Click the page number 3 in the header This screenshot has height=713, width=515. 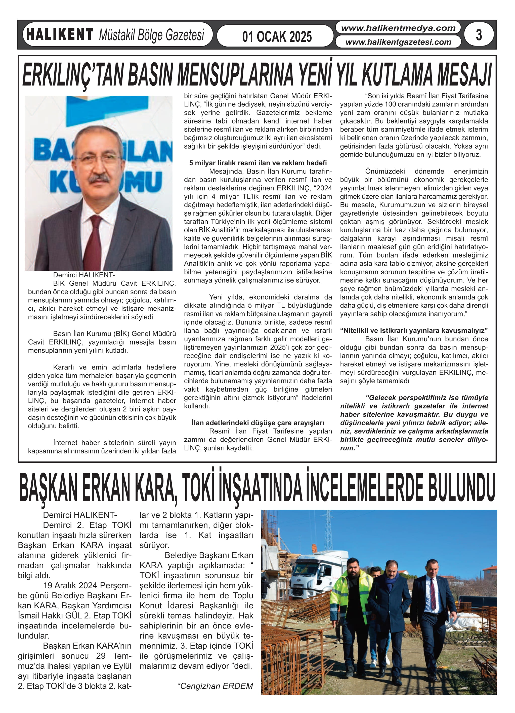(x=479, y=35)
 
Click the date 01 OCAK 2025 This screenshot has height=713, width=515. (x=277, y=36)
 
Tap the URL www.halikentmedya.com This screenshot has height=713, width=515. (x=398, y=28)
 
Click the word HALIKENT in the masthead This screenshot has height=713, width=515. (x=60, y=35)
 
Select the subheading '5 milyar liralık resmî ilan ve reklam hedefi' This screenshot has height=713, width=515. (x=258, y=163)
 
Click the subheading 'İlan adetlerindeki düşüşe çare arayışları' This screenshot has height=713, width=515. (x=258, y=423)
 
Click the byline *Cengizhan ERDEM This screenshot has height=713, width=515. (x=215, y=686)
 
